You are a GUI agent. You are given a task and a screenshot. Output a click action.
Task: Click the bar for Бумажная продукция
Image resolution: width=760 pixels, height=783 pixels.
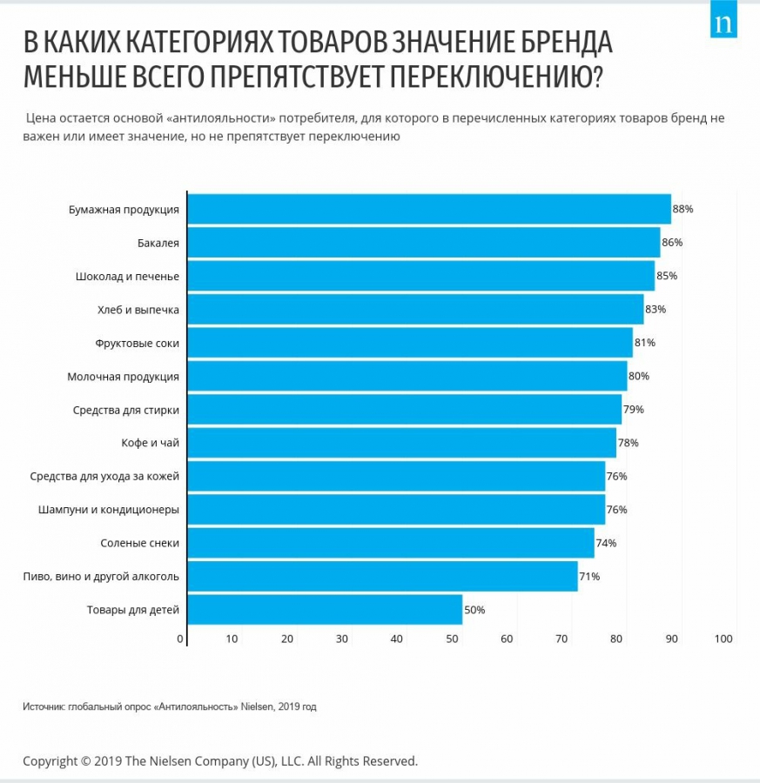[429, 210]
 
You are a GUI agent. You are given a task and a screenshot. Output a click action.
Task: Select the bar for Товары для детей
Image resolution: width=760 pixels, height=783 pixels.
[325, 610]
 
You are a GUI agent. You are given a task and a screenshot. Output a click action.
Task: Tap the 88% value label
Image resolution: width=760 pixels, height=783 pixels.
[683, 210]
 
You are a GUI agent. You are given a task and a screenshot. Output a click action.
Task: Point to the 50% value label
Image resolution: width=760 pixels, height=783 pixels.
[474, 610]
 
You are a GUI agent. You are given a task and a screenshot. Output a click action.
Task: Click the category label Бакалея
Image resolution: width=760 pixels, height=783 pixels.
[158, 243]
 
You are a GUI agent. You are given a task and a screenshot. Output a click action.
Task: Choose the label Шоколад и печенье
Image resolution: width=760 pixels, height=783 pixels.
[127, 276]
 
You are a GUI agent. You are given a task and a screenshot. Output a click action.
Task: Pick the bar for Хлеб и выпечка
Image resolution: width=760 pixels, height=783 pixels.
[415, 310]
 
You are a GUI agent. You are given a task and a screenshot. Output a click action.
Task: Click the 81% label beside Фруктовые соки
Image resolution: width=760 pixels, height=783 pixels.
[645, 343]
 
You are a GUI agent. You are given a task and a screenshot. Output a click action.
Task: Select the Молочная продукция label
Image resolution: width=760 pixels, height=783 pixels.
[123, 377]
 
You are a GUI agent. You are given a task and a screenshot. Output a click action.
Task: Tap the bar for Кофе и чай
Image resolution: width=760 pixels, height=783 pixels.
[401, 443]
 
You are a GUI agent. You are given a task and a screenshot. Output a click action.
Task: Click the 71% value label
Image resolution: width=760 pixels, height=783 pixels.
[589, 576]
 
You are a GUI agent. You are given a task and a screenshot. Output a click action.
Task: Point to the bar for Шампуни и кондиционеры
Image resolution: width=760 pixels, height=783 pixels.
[396, 510]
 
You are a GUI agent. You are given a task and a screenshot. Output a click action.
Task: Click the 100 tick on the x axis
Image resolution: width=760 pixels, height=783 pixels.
[724, 639]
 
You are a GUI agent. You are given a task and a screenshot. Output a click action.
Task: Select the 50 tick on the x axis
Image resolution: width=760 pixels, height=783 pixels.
[452, 639]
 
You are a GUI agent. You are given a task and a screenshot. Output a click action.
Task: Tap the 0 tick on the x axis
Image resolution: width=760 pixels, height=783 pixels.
[180, 639]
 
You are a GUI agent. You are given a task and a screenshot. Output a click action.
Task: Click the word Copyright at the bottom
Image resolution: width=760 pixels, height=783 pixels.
[51, 760]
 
